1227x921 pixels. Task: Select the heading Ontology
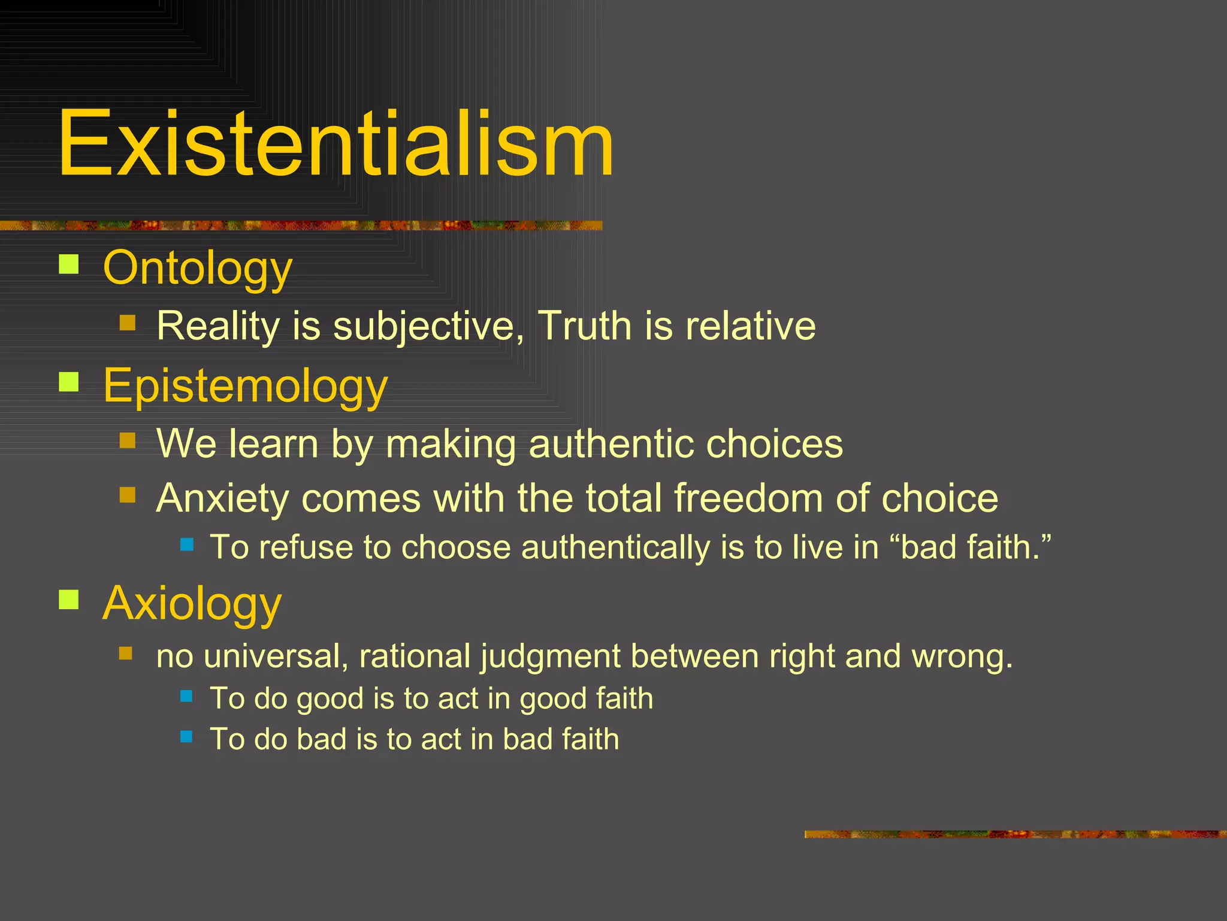click(197, 268)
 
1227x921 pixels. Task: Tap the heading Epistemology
click(245, 386)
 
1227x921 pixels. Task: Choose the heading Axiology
click(192, 603)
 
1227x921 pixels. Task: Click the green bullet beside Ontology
click(69, 264)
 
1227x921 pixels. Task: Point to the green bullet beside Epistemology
click(69, 382)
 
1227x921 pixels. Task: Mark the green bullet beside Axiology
click(69, 599)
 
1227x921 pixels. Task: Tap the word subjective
click(428, 327)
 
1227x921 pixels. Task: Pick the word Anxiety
click(222, 499)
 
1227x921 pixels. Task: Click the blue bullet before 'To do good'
click(186, 696)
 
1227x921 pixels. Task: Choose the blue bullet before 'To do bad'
click(186, 736)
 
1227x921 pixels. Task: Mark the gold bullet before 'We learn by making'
click(128, 441)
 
